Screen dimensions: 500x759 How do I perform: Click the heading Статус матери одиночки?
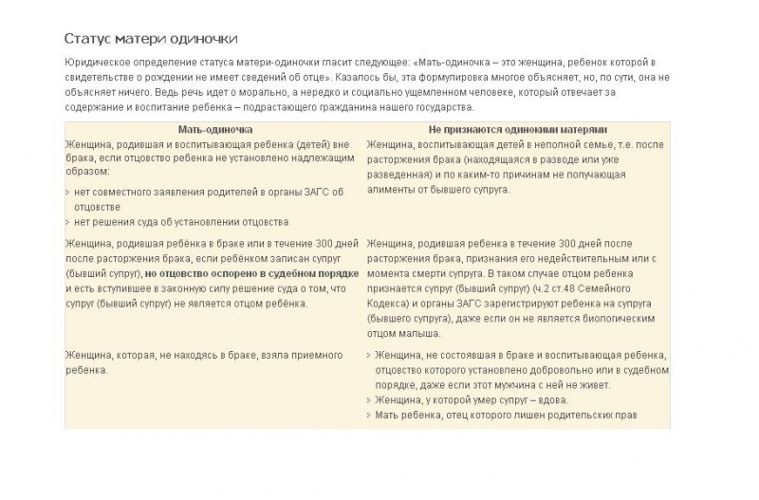click(x=150, y=39)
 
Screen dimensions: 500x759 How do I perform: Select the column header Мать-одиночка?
click(x=214, y=129)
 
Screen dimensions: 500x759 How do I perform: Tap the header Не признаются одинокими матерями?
click(x=517, y=129)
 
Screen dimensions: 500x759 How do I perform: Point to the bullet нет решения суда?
click(x=180, y=222)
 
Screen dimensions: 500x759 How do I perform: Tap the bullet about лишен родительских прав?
click(x=507, y=415)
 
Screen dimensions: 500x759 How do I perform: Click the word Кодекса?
click(x=389, y=303)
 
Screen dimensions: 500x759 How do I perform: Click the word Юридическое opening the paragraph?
click(x=98, y=62)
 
